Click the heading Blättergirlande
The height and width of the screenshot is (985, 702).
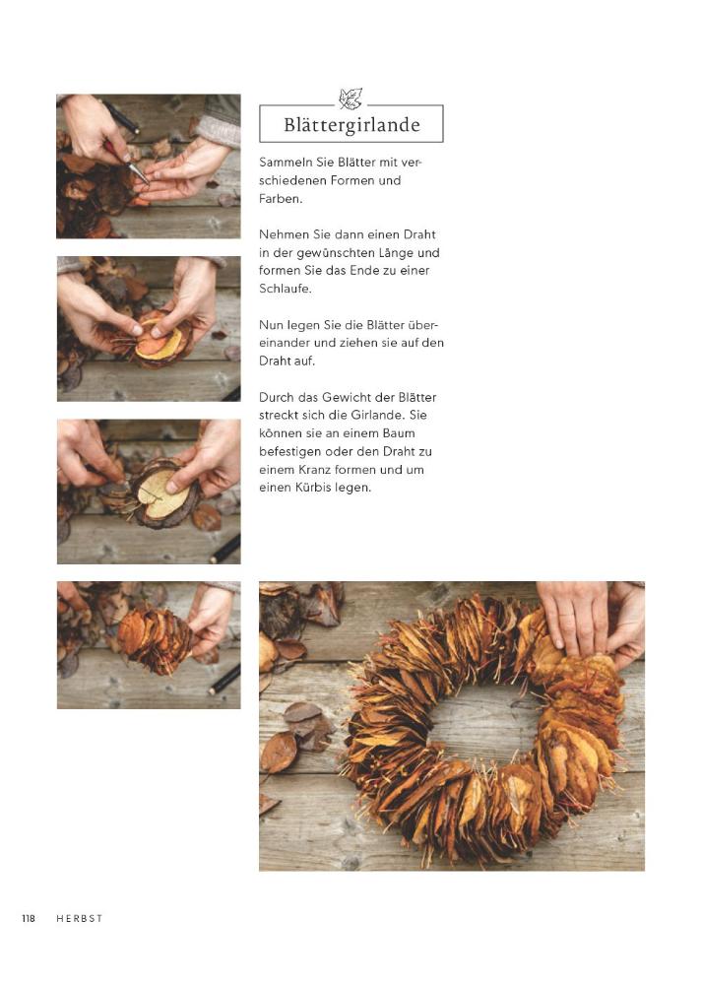(351, 124)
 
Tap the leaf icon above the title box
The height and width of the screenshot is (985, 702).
(351, 98)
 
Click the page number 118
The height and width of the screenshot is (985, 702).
(29, 918)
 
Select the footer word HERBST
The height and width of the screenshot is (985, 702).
(79, 918)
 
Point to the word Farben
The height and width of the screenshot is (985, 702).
(281, 199)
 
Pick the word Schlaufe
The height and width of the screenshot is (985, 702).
(286, 289)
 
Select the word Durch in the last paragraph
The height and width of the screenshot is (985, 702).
(276, 398)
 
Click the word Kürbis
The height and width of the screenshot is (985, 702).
(313, 488)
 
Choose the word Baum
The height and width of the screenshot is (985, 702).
(400, 433)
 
